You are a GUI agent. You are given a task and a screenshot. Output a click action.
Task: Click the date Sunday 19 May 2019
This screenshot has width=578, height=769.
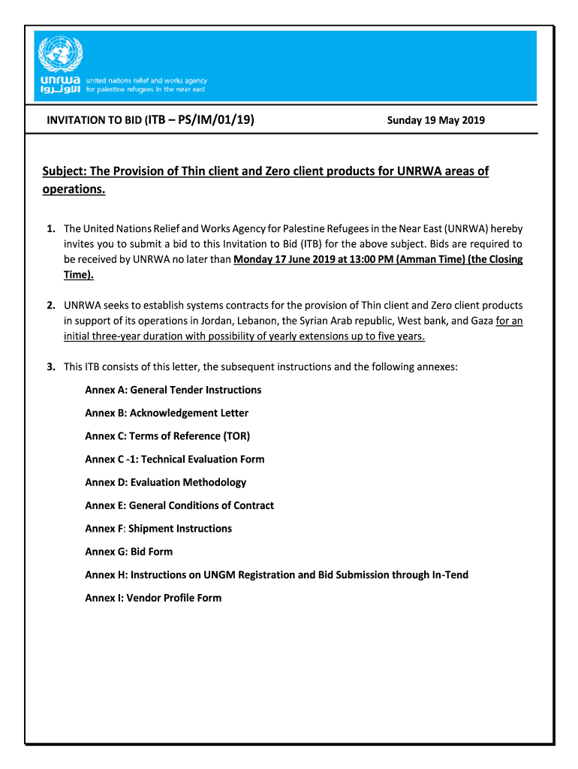click(x=435, y=120)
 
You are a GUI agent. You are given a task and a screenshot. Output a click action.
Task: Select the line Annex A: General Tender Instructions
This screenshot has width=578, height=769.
click(x=173, y=391)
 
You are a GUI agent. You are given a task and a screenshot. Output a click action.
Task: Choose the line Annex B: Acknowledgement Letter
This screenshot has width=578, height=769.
click(x=167, y=414)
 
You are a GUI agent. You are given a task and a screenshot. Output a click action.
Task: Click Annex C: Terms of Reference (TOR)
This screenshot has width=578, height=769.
click(x=167, y=436)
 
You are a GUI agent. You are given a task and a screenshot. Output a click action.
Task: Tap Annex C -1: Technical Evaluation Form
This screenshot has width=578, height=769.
click(x=174, y=460)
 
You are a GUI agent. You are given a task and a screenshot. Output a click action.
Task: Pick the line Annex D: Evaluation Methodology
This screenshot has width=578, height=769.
click(x=165, y=483)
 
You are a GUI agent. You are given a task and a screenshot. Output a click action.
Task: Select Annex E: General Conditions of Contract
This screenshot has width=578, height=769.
click(x=179, y=506)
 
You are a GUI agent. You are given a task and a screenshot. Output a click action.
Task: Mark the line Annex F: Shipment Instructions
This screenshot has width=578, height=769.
click(x=158, y=529)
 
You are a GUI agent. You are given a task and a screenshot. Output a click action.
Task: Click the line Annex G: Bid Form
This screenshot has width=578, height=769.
click(x=128, y=552)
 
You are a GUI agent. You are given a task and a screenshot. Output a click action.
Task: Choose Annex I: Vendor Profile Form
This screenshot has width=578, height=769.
click(x=153, y=599)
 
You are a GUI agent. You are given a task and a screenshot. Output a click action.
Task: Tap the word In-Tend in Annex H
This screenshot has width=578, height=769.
click(x=450, y=575)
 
